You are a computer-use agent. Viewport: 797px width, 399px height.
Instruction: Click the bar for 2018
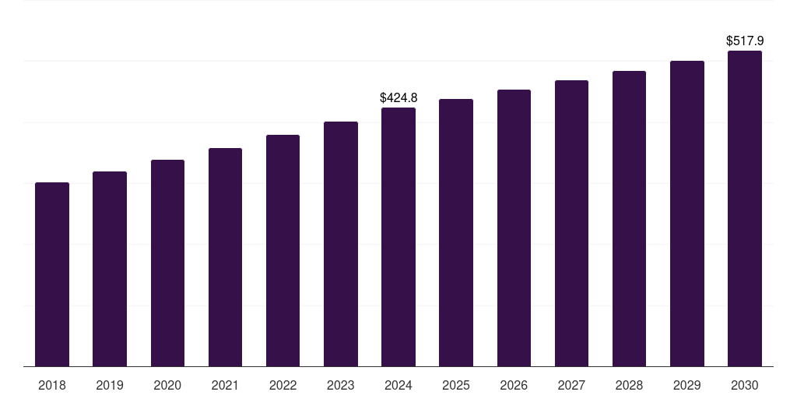pyautogui.click(x=52, y=274)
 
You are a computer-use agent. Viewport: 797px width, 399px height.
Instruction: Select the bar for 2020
pyautogui.click(x=167, y=263)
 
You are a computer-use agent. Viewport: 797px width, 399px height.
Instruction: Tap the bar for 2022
pyautogui.click(x=283, y=250)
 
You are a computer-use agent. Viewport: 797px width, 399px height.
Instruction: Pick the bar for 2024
pyautogui.click(x=398, y=237)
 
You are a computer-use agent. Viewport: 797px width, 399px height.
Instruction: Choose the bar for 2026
pyautogui.click(x=514, y=228)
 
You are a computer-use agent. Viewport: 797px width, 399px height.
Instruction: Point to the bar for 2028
pyautogui.click(x=629, y=218)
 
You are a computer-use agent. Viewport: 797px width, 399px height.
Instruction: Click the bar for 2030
pyautogui.click(x=745, y=208)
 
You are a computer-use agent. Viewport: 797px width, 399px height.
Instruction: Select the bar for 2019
pyautogui.click(x=110, y=269)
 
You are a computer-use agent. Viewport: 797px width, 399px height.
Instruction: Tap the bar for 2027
pyautogui.click(x=571, y=223)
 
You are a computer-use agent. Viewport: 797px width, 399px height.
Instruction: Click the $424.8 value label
pyautogui.click(x=398, y=97)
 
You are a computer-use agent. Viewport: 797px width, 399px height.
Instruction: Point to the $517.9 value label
pyautogui.click(x=745, y=41)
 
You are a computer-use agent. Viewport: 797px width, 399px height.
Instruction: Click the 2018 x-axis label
pyautogui.click(x=52, y=385)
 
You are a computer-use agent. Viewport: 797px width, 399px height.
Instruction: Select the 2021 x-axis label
pyautogui.click(x=225, y=385)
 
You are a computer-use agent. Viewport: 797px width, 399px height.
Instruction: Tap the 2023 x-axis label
pyautogui.click(x=340, y=385)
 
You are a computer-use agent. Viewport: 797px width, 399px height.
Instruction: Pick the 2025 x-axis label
pyautogui.click(x=456, y=385)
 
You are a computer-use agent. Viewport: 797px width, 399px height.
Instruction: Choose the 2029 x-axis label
pyautogui.click(x=686, y=385)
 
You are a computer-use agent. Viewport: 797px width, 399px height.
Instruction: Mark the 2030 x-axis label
pyautogui.click(x=745, y=385)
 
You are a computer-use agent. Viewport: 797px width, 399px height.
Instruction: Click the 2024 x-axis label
pyautogui.click(x=398, y=385)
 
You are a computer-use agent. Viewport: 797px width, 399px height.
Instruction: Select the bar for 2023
pyautogui.click(x=340, y=244)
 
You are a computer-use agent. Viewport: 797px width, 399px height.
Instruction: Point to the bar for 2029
pyautogui.click(x=686, y=214)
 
